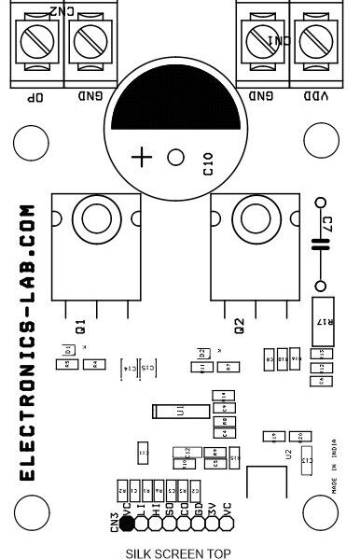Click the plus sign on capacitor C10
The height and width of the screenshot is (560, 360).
tap(142, 157)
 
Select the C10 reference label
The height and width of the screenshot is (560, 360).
tap(208, 169)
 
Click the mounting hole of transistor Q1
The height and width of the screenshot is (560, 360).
tap(94, 221)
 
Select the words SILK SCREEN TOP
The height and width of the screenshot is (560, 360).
tap(176, 553)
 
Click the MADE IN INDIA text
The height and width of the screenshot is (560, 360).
tap(333, 462)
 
